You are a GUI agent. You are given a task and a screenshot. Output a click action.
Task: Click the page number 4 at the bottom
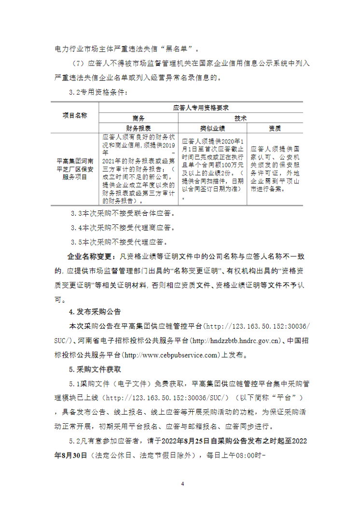pyautogui.click(x=182, y=484)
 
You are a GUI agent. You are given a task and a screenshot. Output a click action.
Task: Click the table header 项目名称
pyautogui.click(x=75, y=115)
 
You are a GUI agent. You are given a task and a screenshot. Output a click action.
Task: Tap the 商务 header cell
pyautogui.click(x=138, y=118)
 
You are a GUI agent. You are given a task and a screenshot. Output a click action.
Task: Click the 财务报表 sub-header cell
pyautogui.click(x=138, y=128)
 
